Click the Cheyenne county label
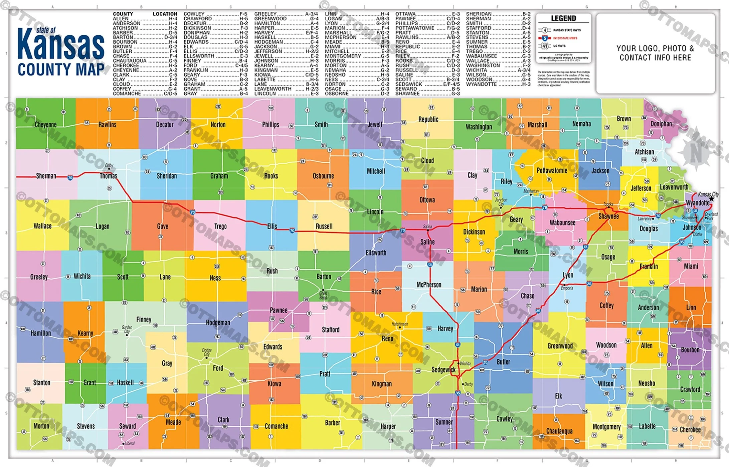pyautogui.click(x=45, y=124)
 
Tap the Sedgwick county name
pyautogui.click(x=443, y=370)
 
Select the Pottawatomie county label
pyautogui.click(x=552, y=170)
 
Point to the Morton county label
pyautogui.click(x=41, y=426)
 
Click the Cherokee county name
pyautogui.click(x=690, y=430)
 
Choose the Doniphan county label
pyautogui.click(x=661, y=124)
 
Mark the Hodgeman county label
pyautogui.click(x=218, y=323)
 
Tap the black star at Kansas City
pyautogui.click(x=712, y=198)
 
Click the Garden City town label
pyautogui.click(x=127, y=330)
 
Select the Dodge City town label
pyautogui.click(x=207, y=352)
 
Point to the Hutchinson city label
pyautogui.click(x=400, y=324)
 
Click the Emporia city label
pyautogui.click(x=567, y=288)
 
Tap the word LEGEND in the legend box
pyautogui.click(x=563, y=18)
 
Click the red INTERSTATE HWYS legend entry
pyautogui.click(x=565, y=38)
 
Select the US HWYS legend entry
pyautogui.click(x=559, y=46)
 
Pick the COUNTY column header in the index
pyautogui.click(x=123, y=14)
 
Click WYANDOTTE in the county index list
pyautogui.click(x=481, y=84)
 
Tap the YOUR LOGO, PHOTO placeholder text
pyautogui.click(x=655, y=49)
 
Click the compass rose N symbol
pyautogui.click(x=696, y=152)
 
